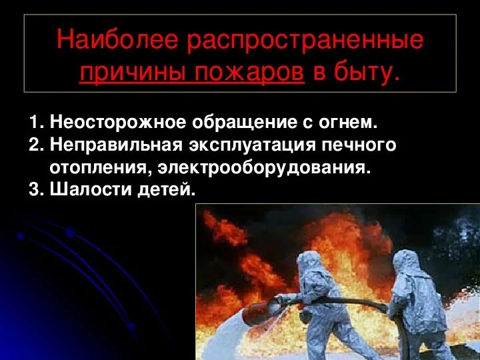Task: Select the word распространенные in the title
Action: pyautogui.click(x=305, y=41)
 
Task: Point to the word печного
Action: pyautogui.click(x=361, y=145)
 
